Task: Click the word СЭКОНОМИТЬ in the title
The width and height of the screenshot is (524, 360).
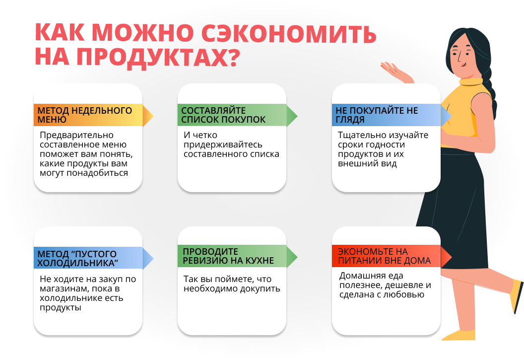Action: [289, 33]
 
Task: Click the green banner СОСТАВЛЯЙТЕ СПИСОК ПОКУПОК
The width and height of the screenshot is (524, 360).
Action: [237, 115]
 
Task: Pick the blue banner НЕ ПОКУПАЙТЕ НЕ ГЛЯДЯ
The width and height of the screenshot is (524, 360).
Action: [392, 115]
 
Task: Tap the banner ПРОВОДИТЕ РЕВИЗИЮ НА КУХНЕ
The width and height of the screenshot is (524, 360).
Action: [237, 256]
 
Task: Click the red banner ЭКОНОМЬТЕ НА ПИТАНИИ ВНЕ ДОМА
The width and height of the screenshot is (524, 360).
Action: [392, 256]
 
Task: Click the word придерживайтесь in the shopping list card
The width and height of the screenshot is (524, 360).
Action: [223, 144]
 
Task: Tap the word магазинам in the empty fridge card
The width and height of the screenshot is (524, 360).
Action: [64, 289]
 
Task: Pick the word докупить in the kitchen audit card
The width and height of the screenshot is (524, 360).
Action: [261, 289]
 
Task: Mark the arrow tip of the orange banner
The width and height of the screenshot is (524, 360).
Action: [153, 116]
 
